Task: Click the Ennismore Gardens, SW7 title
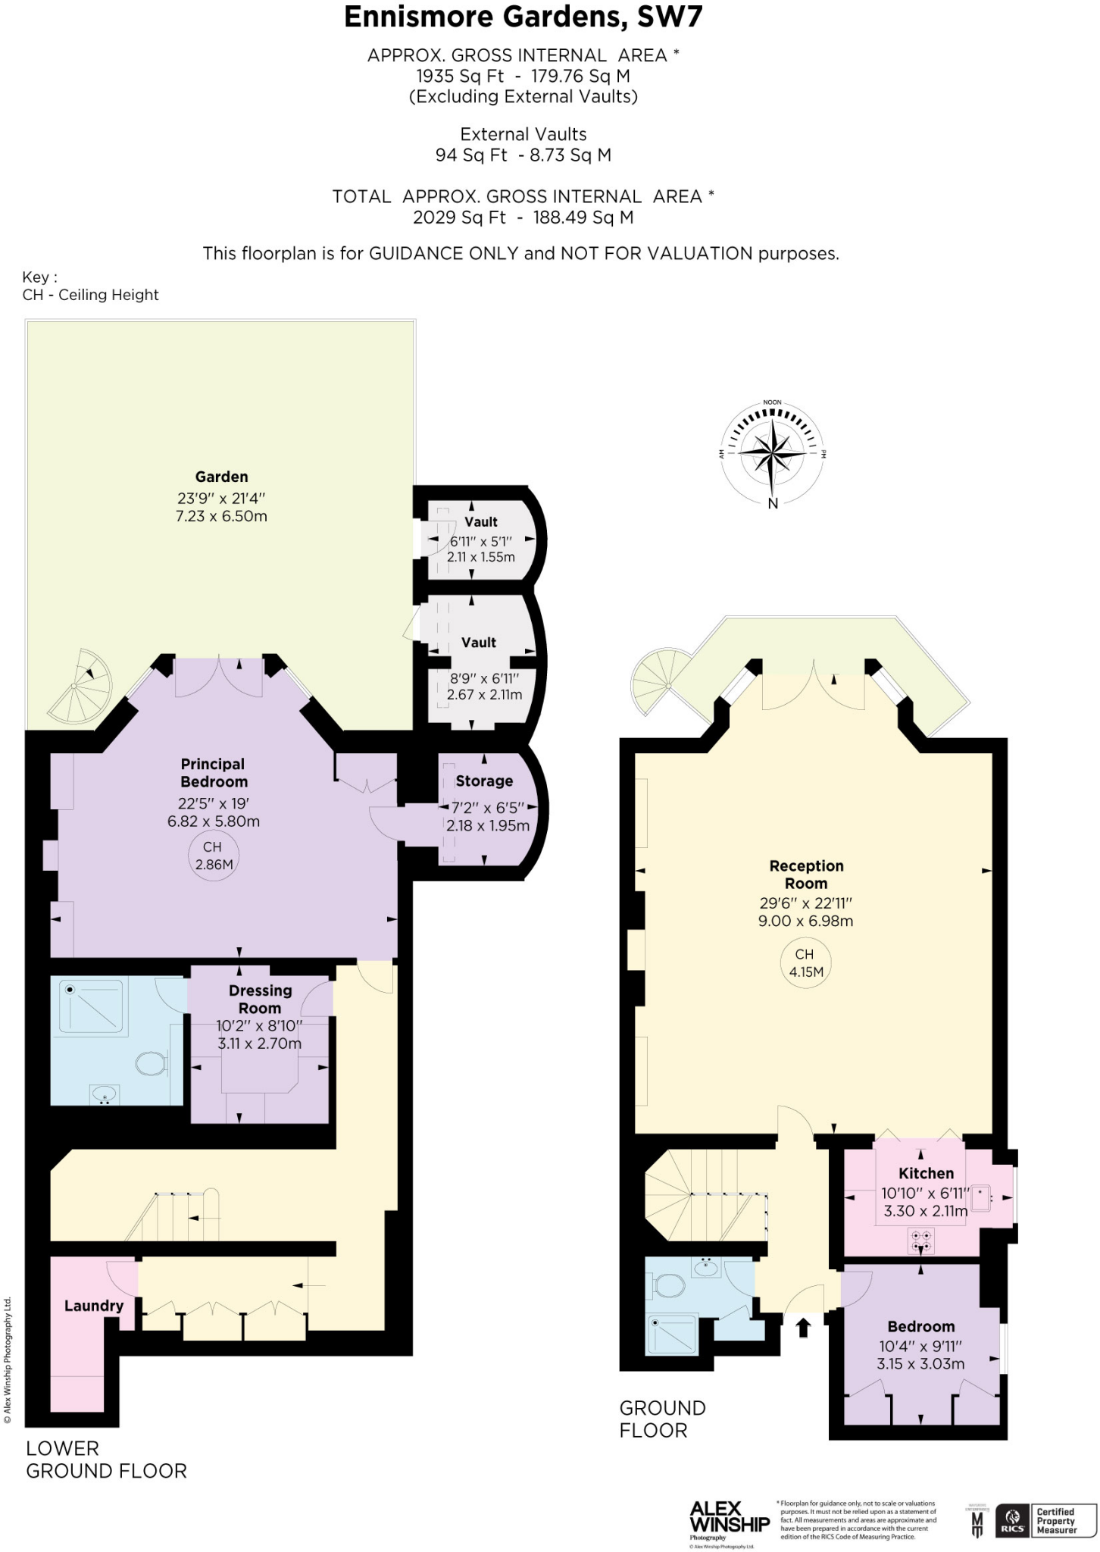tap(523, 17)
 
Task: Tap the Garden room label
tap(221, 477)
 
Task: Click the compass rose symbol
tap(771, 454)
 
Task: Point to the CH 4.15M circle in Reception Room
tap(805, 962)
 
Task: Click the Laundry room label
tap(93, 1306)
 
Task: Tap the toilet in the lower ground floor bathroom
tap(151, 1063)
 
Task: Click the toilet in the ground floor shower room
tap(670, 1285)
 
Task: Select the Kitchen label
tap(926, 1173)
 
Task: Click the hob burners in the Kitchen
tap(922, 1241)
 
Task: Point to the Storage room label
tap(484, 781)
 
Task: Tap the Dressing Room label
tap(260, 999)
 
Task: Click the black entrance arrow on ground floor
tap(803, 1327)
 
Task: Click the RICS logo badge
tap(1012, 1520)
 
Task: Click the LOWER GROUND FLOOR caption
tap(106, 1459)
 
